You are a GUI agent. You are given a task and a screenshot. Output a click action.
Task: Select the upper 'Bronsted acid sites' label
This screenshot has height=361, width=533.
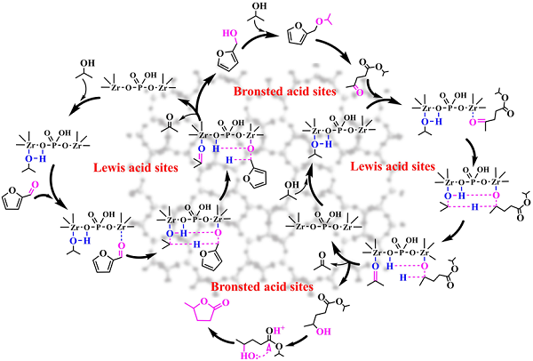(282, 92)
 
